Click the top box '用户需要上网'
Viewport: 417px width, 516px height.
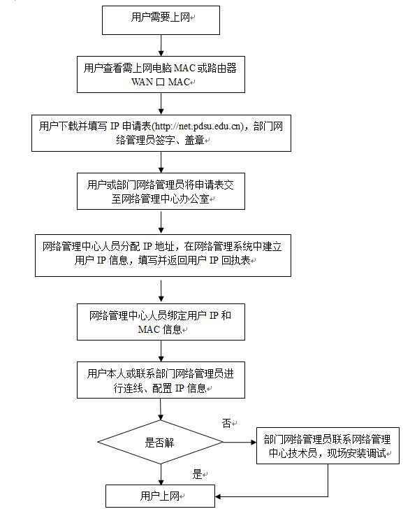pos(161,20)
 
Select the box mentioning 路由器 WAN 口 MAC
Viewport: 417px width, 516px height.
pos(161,74)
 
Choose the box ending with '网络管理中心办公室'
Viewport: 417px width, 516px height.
pos(161,191)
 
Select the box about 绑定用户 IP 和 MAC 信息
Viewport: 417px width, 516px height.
pos(161,322)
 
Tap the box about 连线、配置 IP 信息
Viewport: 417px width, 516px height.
pos(161,380)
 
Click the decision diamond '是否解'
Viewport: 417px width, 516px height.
pos(161,442)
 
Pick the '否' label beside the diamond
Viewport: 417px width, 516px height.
pos(226,423)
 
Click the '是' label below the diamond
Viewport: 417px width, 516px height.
pos(197,474)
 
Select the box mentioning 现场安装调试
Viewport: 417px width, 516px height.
pos(328,445)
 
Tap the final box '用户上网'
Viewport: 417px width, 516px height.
pos(160,496)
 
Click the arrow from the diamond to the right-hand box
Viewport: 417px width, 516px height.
pos(240,443)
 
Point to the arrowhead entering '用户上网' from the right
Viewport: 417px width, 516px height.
pos(218,496)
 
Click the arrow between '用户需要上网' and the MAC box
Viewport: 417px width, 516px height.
pos(161,45)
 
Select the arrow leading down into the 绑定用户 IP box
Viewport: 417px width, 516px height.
pos(161,291)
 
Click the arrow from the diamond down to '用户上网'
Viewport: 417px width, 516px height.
pos(161,474)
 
